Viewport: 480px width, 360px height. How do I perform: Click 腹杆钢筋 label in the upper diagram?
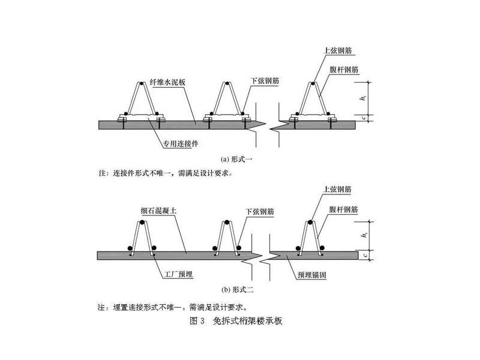(x=343, y=70)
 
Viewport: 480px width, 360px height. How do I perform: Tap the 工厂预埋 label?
(x=178, y=274)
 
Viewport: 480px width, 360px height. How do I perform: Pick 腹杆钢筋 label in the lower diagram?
(x=343, y=209)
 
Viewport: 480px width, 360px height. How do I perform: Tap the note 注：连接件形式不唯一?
(x=164, y=173)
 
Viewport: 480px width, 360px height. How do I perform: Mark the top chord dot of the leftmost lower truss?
(x=142, y=223)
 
